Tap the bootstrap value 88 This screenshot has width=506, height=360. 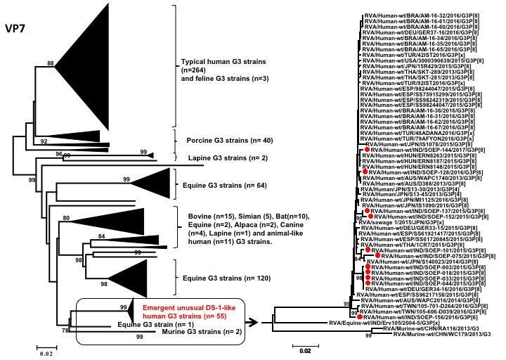pos(51,65)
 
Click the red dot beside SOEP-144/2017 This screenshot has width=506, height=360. pos(366,150)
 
